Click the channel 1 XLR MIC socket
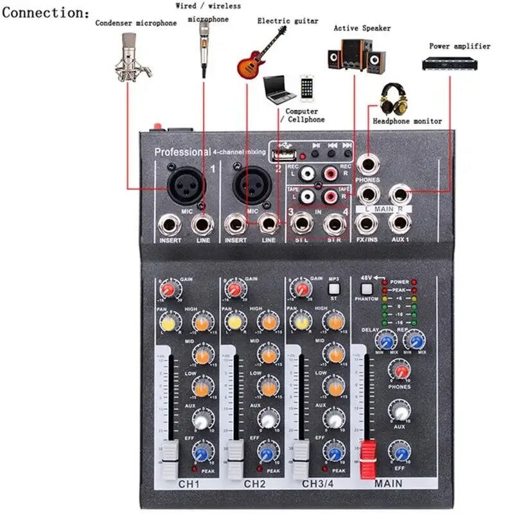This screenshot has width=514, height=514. [x=186, y=188]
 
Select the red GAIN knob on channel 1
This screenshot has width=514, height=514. [x=168, y=291]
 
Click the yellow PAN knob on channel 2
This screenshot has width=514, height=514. [x=233, y=321]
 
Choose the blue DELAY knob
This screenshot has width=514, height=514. [x=387, y=339]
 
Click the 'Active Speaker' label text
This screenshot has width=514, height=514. [x=362, y=28]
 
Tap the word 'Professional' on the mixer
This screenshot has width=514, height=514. [x=182, y=152]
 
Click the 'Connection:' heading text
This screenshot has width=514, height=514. [x=46, y=12]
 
